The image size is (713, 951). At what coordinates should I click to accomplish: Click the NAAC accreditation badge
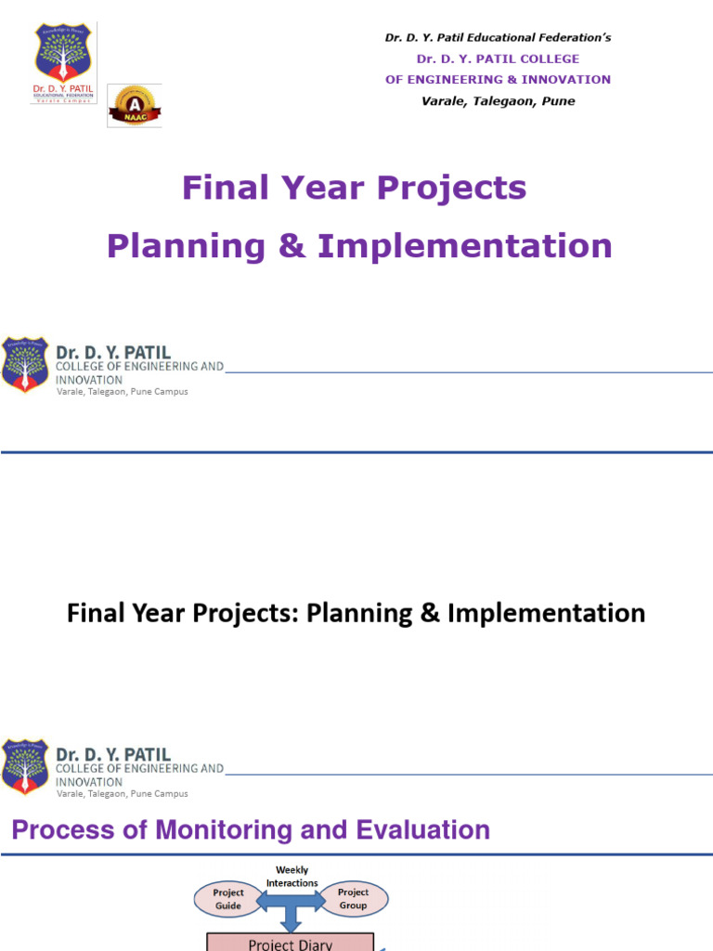click(135, 105)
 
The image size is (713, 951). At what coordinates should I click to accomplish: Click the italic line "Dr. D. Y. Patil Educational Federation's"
click(498, 38)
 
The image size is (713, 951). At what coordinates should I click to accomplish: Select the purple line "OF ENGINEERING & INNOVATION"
click(498, 80)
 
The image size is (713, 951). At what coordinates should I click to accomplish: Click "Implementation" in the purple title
click(464, 246)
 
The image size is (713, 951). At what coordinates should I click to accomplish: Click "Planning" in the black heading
click(351, 613)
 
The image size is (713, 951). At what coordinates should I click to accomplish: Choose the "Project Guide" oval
click(228, 899)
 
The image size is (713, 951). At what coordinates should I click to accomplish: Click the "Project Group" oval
click(353, 899)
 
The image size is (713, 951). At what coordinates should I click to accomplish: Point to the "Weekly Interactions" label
click(292, 877)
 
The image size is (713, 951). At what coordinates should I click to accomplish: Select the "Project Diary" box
click(291, 942)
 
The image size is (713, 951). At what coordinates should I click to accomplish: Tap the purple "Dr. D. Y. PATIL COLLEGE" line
click(498, 59)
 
